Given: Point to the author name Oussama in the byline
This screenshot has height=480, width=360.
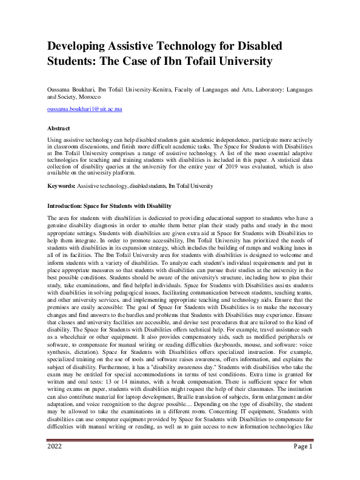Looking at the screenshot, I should pyautogui.click(x=61, y=89).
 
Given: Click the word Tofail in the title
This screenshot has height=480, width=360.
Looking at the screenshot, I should pyautogui.click(x=187, y=61).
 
